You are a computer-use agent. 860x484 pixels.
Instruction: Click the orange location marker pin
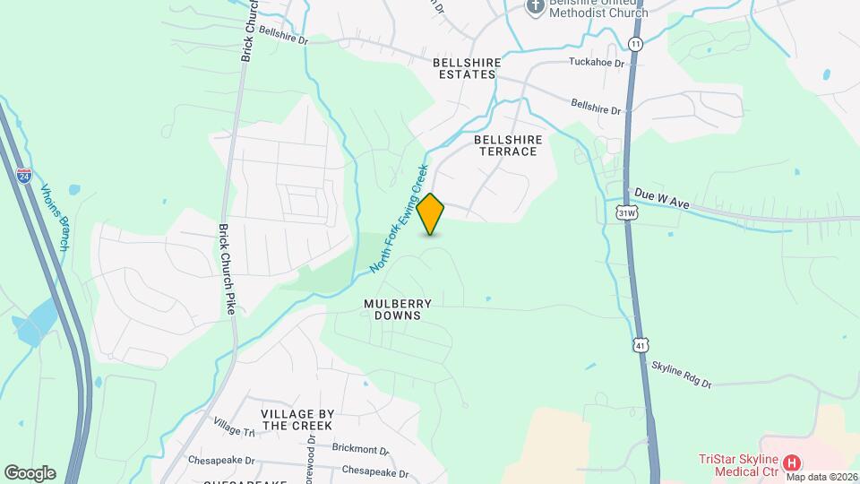coord(431,214)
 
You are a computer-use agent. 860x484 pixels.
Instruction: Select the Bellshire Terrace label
coord(505,145)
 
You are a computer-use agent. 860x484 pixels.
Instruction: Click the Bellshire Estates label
coord(464,69)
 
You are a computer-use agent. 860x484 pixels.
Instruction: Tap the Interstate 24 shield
coord(24,176)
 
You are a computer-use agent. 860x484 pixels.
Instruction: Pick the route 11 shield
coord(635,44)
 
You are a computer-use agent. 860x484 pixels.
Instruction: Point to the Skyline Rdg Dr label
coord(681,375)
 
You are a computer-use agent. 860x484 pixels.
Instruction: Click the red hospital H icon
coord(791,463)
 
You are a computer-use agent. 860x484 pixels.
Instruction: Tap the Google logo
coord(30,473)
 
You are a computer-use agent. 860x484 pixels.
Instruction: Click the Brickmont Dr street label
coord(360,451)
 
